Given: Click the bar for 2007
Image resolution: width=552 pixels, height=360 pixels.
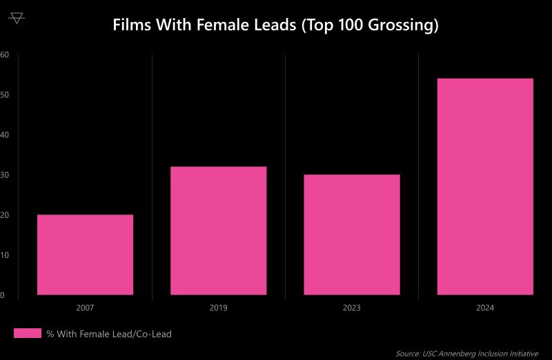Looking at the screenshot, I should tap(85, 254).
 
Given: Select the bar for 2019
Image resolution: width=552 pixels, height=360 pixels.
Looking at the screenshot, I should tap(218, 231).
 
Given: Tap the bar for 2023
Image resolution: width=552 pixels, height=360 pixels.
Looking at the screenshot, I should tap(351, 234).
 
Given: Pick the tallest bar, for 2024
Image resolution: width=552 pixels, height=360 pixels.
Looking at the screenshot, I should tap(485, 186).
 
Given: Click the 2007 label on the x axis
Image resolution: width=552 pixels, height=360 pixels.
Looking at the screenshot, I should tap(85, 308).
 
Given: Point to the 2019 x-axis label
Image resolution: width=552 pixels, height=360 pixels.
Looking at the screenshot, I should tap(218, 308).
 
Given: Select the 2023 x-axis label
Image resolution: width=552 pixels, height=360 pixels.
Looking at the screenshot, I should tap(351, 308).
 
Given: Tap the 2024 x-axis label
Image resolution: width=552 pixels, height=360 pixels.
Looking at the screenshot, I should tap(485, 308).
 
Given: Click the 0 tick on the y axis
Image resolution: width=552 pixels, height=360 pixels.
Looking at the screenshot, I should tap(3, 295).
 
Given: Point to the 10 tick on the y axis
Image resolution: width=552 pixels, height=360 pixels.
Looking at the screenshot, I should tap(4, 255).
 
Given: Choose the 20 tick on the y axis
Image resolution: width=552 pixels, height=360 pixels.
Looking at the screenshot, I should tap(4, 215).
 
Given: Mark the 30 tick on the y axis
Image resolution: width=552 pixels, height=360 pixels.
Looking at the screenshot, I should tap(4, 175).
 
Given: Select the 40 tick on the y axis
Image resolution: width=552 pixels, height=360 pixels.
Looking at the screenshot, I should tap(4, 135).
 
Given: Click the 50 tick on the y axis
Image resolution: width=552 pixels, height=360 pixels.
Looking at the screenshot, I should tap(4, 94).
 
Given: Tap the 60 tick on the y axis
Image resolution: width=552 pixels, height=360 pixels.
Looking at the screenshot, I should tap(4, 54).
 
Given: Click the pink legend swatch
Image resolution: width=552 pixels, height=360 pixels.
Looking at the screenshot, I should tap(28, 334).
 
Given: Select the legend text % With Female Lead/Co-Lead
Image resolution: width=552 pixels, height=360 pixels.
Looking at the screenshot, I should tap(109, 334).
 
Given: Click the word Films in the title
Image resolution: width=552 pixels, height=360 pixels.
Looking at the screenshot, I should tap(130, 26).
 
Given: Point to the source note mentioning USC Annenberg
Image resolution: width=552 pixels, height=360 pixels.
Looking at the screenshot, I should tap(466, 353).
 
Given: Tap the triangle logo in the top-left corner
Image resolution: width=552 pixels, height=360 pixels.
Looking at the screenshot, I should tap(17, 17).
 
